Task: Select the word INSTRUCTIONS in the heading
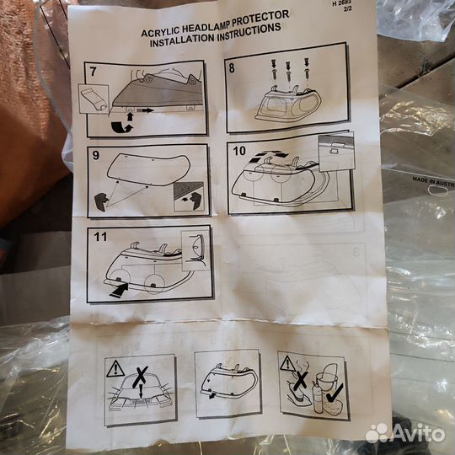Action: point(249,31)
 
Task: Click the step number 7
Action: point(93,72)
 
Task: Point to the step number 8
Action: point(232,68)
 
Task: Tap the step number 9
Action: point(96,155)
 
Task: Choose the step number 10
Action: point(239,151)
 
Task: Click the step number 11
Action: point(100,237)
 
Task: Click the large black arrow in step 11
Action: point(119,291)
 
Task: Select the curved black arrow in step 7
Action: point(121,127)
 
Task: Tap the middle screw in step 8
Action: point(288,72)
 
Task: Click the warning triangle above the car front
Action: point(115,369)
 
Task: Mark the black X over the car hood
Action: point(141,377)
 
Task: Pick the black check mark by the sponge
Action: point(335,393)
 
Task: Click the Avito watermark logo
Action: point(404,433)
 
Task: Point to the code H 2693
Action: point(341,3)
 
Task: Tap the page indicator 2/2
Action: point(347,9)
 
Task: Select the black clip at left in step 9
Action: point(102,202)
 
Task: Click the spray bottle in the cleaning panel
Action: point(317,397)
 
